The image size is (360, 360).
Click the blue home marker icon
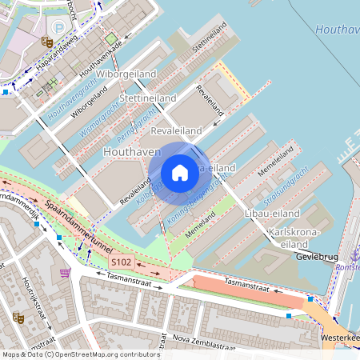coord(180,173)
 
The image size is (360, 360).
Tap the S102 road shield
coord(121,262)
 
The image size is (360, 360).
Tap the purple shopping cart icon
coord(64,272)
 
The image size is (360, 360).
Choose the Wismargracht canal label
coord(100,124)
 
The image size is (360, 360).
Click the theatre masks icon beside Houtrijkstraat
coord(18,318)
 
